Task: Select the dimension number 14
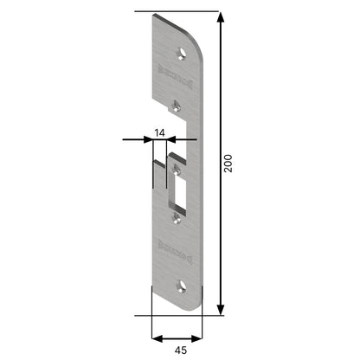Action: point(159,132)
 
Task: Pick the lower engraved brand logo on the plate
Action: point(173,247)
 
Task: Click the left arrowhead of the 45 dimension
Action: point(156,337)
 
